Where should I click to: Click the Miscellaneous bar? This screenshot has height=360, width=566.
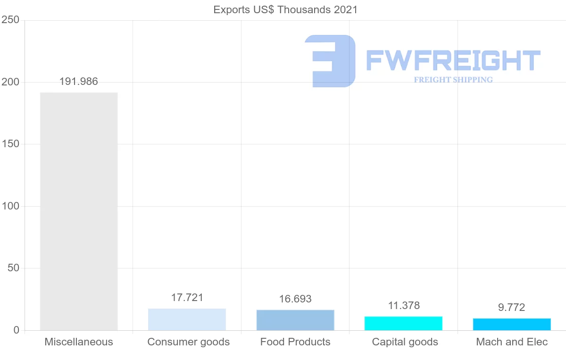tap(79, 211)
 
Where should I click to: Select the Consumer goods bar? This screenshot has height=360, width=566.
tap(187, 319)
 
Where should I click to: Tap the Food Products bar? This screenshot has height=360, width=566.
tap(295, 320)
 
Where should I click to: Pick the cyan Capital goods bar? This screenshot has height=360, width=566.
tap(403, 323)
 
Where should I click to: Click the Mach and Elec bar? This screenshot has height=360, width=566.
tap(512, 324)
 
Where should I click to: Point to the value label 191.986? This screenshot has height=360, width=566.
tap(79, 81)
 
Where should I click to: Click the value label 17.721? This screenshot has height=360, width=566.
tap(187, 298)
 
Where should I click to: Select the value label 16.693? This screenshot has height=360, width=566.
tap(295, 299)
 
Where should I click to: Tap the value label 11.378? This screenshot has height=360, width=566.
tap(403, 306)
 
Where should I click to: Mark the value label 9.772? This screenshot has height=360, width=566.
tap(512, 308)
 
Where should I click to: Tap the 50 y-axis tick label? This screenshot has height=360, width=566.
tap(13, 268)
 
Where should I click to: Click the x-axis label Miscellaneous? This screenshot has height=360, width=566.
tap(79, 342)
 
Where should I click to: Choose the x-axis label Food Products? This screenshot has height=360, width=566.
tap(295, 342)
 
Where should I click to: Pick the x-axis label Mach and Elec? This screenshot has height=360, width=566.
tap(512, 342)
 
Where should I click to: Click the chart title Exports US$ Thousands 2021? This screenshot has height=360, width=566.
tap(285, 9)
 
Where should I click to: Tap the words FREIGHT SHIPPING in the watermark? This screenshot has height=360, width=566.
tap(453, 80)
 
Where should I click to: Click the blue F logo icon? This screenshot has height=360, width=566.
tap(330, 60)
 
